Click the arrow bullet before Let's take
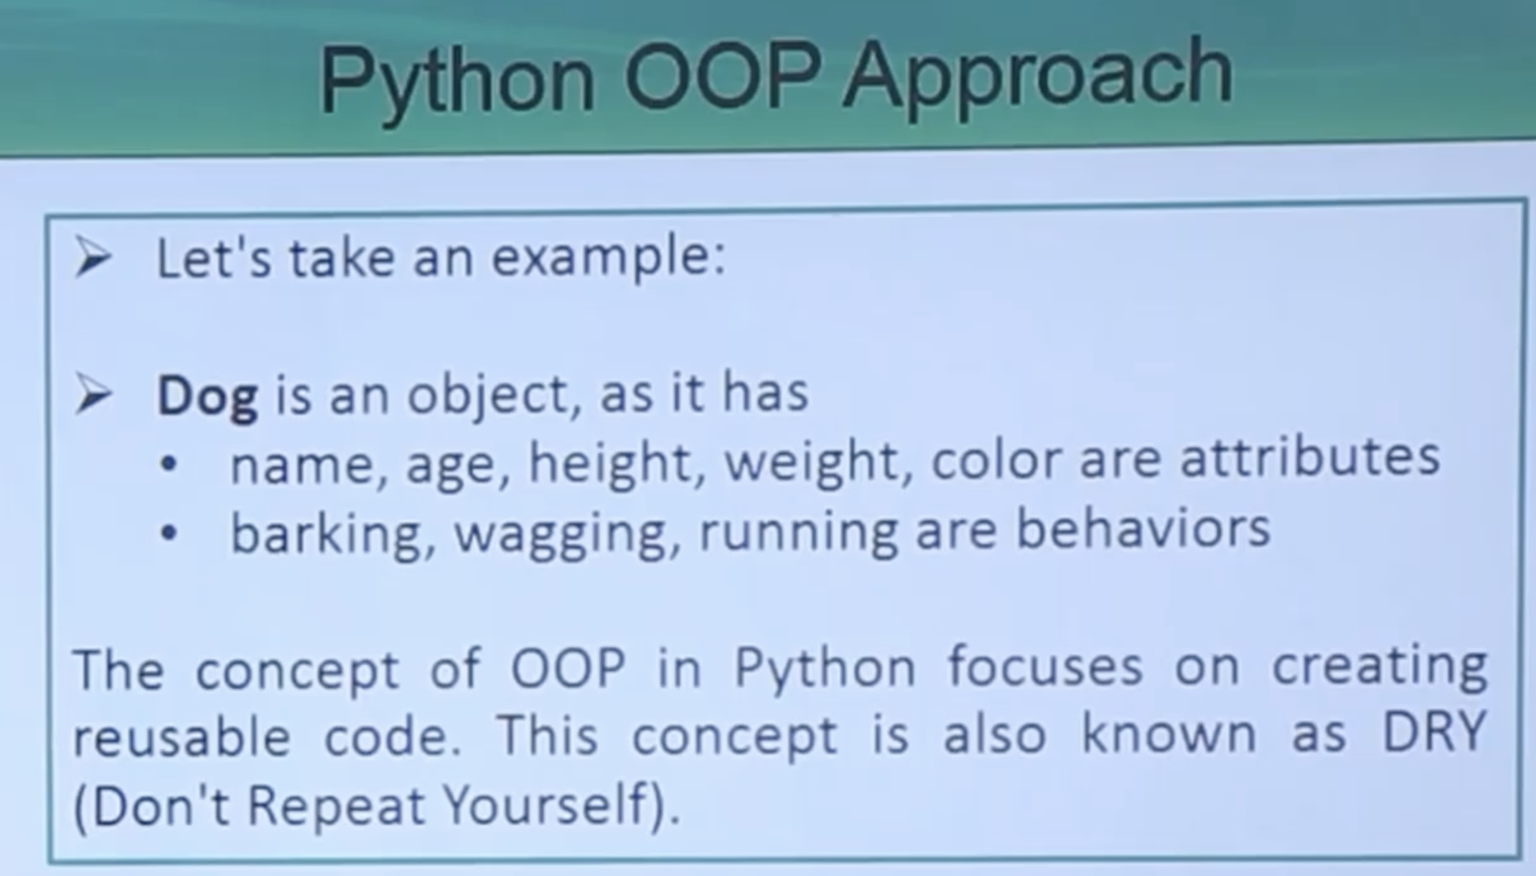point(93,259)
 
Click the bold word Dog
point(207,397)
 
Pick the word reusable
point(182,735)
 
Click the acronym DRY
point(1433,732)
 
